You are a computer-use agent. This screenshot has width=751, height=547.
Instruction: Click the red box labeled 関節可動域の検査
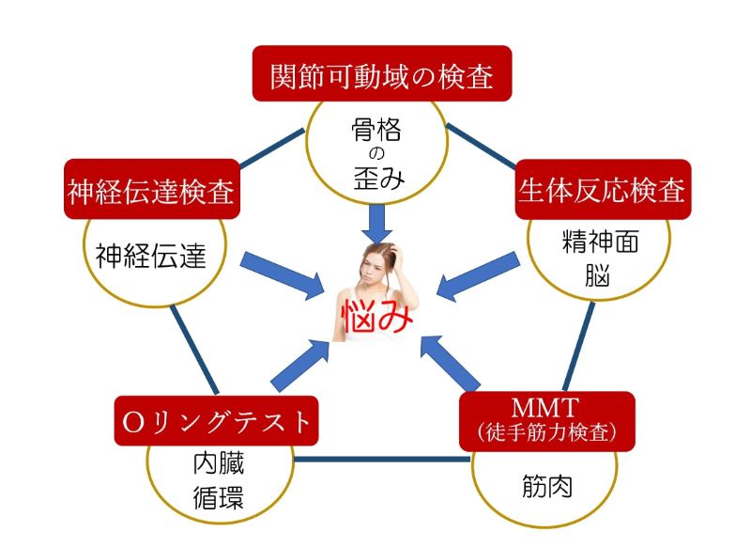pos(382,74)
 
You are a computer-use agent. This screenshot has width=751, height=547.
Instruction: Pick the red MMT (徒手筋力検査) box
pos(546,419)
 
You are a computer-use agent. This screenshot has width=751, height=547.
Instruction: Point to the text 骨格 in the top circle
pos(375,130)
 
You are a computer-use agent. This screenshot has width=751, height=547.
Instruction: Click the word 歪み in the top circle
pos(375,178)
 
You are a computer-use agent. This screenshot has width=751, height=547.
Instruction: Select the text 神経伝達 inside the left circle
pos(150,254)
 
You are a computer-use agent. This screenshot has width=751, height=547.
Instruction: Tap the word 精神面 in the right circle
pos(600,242)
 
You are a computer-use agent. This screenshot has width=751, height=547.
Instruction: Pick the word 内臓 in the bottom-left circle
pos(219,463)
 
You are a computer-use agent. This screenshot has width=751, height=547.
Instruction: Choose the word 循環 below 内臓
pos(219,497)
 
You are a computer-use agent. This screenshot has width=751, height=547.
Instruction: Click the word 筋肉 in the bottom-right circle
pos(545,487)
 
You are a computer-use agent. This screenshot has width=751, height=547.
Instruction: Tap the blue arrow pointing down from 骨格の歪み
pos(377,222)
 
